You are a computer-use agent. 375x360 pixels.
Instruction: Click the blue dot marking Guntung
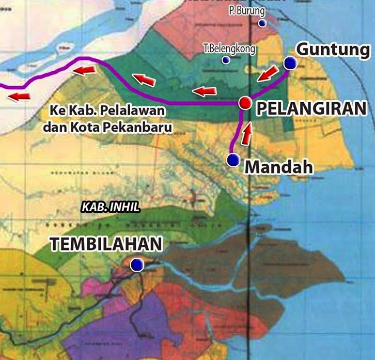tap(290, 64)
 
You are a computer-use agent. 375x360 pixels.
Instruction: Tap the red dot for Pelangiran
tap(245, 103)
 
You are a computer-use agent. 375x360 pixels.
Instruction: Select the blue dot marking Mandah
tap(233, 161)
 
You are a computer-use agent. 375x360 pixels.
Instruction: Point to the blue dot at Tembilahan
tap(136, 265)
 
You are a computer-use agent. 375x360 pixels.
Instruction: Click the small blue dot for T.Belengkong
tap(226, 60)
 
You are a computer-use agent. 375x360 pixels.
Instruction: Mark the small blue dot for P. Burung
tap(262, 23)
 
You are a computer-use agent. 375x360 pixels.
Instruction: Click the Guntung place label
tap(334, 50)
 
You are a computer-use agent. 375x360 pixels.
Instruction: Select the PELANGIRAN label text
tap(311, 108)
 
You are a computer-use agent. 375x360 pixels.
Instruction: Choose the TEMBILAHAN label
tap(106, 244)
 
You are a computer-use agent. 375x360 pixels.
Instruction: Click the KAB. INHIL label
tap(111, 207)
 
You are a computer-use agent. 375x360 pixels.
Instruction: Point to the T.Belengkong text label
tap(229, 49)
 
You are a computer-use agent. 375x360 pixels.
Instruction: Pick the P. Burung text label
tap(246, 11)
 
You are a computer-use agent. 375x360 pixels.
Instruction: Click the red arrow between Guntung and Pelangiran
tap(267, 74)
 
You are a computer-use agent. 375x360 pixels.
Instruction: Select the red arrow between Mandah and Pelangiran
tap(248, 134)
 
